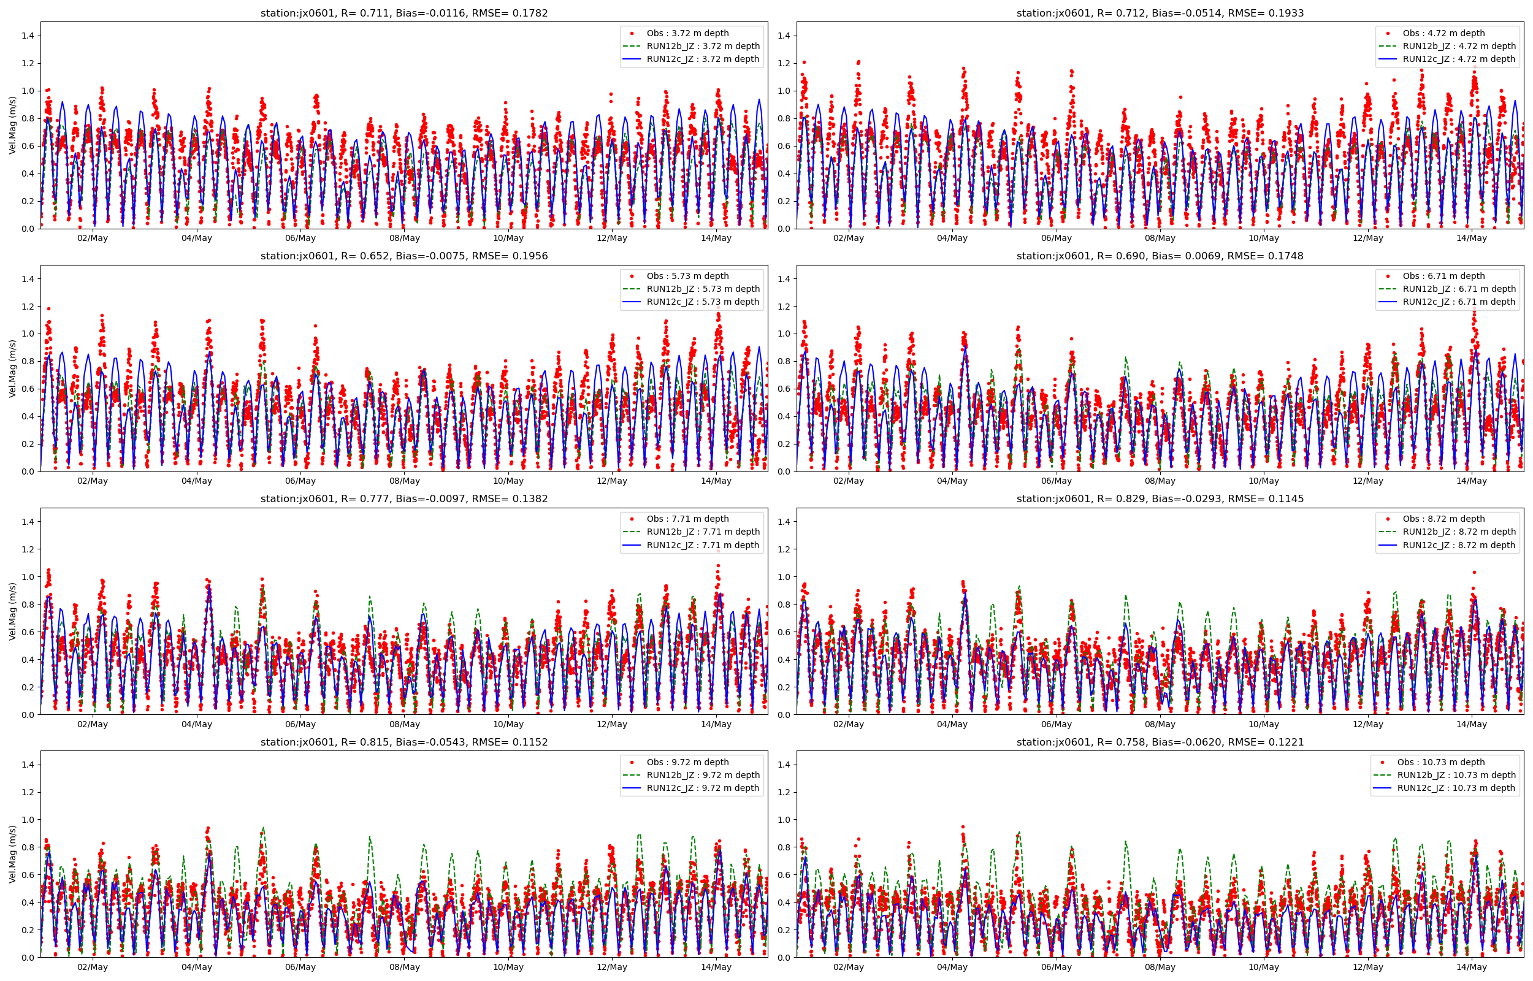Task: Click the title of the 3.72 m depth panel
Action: (403, 13)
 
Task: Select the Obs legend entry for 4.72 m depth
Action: (1443, 33)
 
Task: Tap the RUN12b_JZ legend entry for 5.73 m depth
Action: (703, 289)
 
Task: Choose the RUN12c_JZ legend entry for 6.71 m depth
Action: (1458, 302)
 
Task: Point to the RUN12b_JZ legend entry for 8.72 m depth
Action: (1458, 532)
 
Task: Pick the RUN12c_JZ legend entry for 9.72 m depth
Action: (703, 788)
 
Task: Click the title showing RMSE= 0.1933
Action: (1160, 13)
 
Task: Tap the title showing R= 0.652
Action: (403, 256)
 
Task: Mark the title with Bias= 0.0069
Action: (1160, 256)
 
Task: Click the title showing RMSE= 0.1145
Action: (1160, 499)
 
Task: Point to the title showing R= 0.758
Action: (1160, 742)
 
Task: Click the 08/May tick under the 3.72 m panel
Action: (405, 239)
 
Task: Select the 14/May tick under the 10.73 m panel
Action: (1471, 967)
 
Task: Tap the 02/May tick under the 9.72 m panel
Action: (93, 967)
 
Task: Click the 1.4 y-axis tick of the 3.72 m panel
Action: (28, 36)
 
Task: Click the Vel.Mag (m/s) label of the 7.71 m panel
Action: (13, 611)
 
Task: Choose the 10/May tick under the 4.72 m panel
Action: (1264, 239)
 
